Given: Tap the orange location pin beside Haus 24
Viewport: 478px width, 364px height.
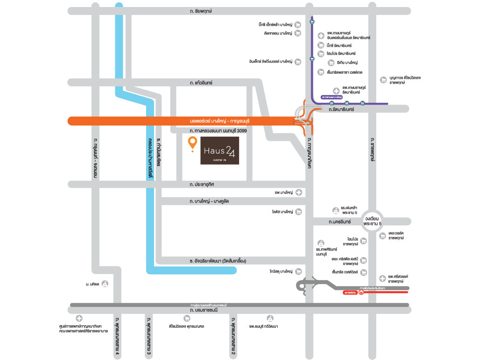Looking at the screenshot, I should coord(191,144).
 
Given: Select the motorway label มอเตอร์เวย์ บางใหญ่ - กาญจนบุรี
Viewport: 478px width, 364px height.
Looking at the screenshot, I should coord(215,121).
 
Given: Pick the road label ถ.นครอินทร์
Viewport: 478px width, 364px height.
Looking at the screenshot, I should coord(339,221).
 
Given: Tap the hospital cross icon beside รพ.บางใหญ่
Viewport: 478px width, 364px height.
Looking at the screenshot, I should coord(299,192).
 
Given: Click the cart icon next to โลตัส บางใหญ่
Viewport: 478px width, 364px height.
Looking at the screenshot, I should coord(299,212).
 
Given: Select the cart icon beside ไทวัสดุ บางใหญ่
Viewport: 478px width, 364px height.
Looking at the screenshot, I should coord(299,271).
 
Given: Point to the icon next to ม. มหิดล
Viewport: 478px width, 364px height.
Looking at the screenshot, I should coord(105,283).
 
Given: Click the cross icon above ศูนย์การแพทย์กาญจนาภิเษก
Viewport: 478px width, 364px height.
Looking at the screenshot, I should coord(79,318).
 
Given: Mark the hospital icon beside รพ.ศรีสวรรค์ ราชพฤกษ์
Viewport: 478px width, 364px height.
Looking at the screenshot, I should coord(382,279).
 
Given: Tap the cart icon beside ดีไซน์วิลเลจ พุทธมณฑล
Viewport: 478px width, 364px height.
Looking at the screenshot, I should coord(187,318).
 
